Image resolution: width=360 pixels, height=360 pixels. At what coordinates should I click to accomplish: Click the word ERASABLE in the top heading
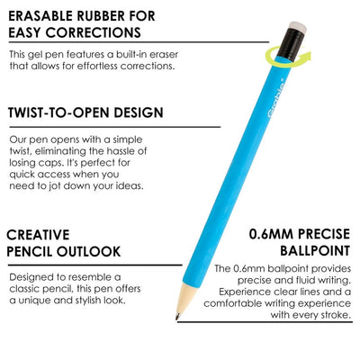coord(46,15)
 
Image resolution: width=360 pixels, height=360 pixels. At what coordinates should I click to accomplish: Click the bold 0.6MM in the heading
coord(271,237)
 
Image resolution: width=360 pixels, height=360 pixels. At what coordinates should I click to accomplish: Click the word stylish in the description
coord(77,300)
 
